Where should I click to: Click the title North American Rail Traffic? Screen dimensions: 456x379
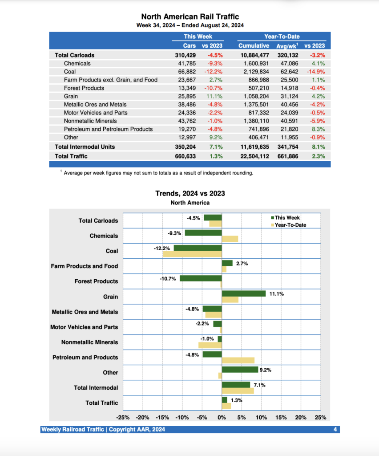pos(190,17)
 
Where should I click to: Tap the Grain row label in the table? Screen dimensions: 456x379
pos(71,96)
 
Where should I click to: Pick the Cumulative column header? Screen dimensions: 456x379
pos(254,45)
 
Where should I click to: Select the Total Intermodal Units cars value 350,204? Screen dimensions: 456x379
pos(185,147)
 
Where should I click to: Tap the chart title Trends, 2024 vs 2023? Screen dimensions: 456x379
pos(190,193)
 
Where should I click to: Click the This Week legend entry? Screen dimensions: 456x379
pos(287,218)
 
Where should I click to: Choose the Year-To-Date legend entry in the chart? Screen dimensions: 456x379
pos(290,225)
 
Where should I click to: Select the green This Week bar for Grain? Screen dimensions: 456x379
pos(243,293)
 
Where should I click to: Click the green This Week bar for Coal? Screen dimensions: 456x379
pos(198,248)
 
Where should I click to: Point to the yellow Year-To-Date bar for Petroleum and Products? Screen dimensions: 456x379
pos(238,360)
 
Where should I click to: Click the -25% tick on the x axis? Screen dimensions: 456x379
pos(123,418)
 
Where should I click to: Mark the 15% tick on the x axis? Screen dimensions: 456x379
pos(281,418)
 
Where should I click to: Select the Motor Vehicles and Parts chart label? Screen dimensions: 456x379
pos(84,327)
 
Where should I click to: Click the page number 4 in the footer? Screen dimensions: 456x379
pos(335,430)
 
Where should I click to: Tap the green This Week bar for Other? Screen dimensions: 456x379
pos(240,370)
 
